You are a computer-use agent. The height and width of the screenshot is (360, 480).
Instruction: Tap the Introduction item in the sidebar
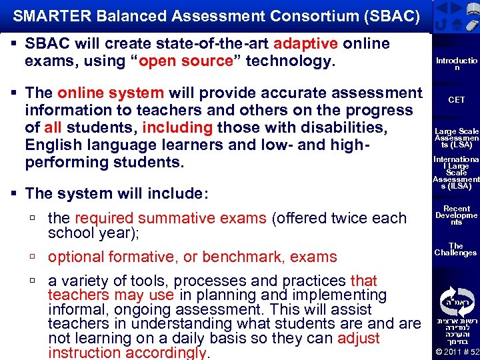pos(456,64)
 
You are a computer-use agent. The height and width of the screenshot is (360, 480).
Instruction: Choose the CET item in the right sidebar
pos(456,100)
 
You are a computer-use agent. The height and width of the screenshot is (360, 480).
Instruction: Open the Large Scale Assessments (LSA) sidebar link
pos(456,138)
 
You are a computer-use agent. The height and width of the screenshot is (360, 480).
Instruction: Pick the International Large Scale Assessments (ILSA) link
pos(456,173)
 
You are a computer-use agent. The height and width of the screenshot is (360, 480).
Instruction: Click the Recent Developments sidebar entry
pos(456,215)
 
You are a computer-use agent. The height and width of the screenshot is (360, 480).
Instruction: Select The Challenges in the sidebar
pos(456,249)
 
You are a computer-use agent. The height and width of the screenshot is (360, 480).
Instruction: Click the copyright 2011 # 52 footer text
pos(456,352)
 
